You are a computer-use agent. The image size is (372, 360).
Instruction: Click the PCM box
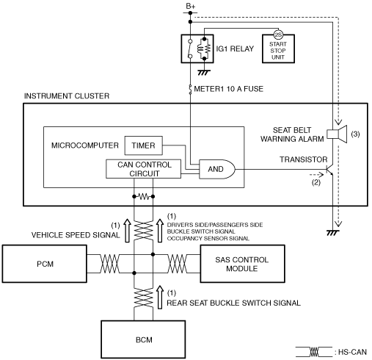pos(45,264)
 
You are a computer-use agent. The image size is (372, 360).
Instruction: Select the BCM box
pos(143,339)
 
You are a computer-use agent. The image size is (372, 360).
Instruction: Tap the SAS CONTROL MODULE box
pos(242,264)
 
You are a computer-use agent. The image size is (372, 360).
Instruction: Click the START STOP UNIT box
pos(278,48)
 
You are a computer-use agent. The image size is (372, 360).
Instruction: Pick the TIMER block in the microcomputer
pos(144,145)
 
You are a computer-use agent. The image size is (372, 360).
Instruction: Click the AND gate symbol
pos(217,169)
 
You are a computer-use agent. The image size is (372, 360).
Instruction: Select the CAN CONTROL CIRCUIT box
pos(144,169)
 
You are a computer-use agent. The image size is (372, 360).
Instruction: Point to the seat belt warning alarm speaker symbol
pos(337,134)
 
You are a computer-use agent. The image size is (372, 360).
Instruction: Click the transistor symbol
pos(329,170)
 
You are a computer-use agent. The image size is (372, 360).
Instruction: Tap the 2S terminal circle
pos(278,35)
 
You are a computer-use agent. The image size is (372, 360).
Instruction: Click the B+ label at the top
pos(191,6)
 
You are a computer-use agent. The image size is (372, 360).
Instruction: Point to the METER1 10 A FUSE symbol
pos(190,90)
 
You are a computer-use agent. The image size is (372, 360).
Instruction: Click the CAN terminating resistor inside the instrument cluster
pos(144,196)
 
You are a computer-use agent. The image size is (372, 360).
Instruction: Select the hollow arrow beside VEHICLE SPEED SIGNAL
pos(127,231)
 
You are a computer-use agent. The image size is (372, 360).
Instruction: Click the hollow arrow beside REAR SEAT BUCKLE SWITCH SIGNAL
pos(160,297)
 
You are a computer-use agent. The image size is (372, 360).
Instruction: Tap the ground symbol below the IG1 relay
pos(204,73)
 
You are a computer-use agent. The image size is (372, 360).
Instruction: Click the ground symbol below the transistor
pos(333,233)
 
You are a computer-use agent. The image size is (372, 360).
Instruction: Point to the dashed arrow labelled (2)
pos(316,175)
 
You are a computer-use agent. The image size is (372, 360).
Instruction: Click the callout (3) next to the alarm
pos(355,134)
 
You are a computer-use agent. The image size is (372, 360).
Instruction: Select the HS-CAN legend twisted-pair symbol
pos(314,352)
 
